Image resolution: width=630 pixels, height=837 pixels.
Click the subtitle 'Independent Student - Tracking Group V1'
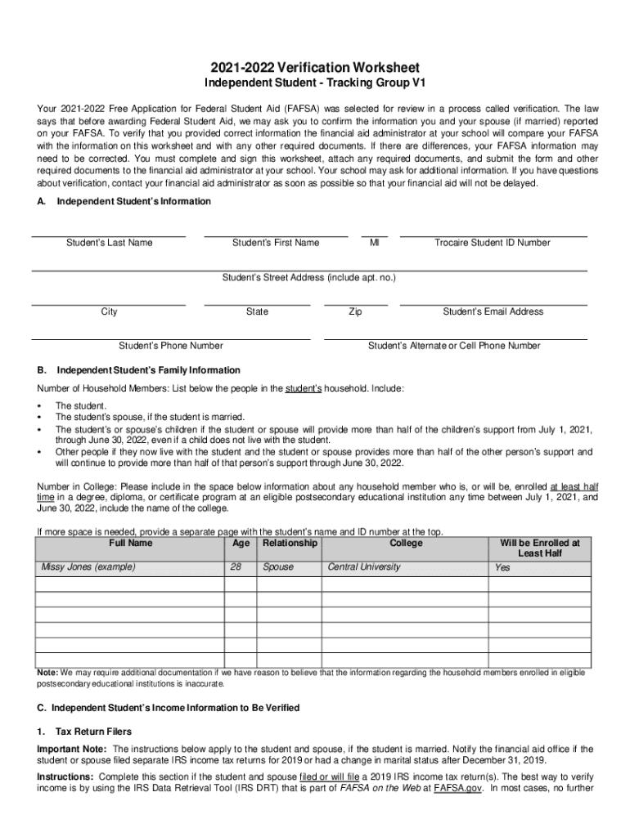(314, 84)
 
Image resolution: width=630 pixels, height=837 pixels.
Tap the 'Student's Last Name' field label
(109, 243)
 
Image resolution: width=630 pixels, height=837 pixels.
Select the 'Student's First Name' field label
(276, 243)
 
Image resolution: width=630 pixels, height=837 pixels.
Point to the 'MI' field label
(375, 243)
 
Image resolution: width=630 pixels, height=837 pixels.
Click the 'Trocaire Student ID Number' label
(493, 243)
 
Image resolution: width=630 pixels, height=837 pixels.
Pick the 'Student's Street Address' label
(309, 278)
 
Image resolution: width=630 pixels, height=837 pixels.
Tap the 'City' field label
(109, 312)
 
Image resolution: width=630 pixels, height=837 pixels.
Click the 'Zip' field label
(355, 312)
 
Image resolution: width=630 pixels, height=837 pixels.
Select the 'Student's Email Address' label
(493, 312)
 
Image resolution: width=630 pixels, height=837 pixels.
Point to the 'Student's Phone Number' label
(171, 346)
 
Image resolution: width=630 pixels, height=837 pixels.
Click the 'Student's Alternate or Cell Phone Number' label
(454, 346)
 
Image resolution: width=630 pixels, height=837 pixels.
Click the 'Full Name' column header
(130, 543)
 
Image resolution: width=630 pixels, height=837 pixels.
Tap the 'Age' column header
(241, 543)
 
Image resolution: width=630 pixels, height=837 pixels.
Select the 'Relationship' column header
(290, 543)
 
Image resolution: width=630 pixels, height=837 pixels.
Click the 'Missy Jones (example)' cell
(88, 566)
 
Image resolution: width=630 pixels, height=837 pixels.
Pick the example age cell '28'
(237, 566)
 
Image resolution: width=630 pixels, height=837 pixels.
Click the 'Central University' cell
(364, 566)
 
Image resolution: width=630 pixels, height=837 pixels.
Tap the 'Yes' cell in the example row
(502, 567)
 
